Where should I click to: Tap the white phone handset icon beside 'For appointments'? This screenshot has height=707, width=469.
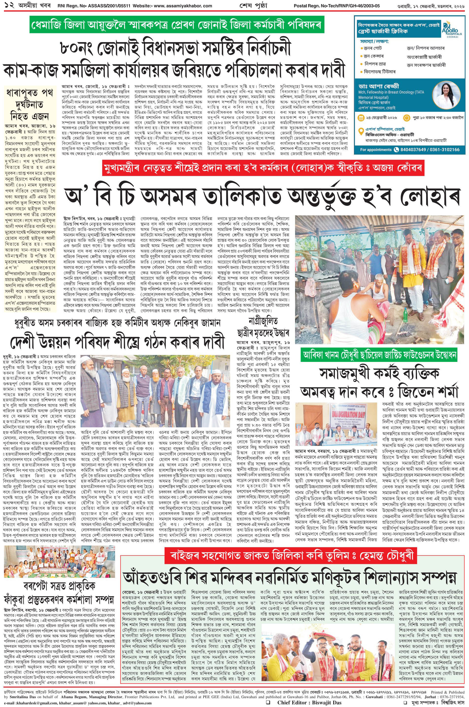click(x=396, y=149)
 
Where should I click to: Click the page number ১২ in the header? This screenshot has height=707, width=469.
click(x=5, y=5)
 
